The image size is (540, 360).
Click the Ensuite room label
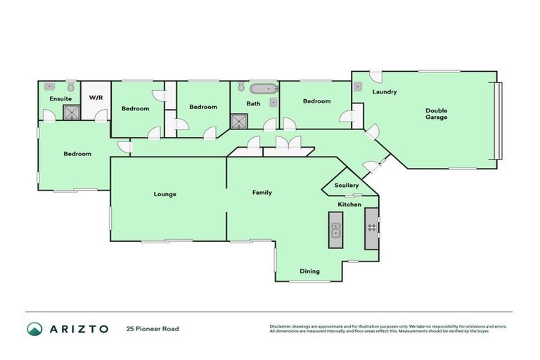point(60,99)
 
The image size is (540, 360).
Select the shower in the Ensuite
point(72,112)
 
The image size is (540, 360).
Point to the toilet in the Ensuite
point(49,86)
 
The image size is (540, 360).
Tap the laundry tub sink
point(357,87)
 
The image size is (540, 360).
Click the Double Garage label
point(436,114)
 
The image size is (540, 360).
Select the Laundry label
point(385,92)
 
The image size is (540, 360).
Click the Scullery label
point(347,186)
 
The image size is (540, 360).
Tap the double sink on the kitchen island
point(335,231)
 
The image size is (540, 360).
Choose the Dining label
point(309,271)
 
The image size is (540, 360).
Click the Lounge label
point(166,194)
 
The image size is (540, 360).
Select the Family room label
point(262,193)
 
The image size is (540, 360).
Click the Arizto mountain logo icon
point(34,329)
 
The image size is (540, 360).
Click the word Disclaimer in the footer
point(283,326)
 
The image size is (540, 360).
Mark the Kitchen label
point(349,205)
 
